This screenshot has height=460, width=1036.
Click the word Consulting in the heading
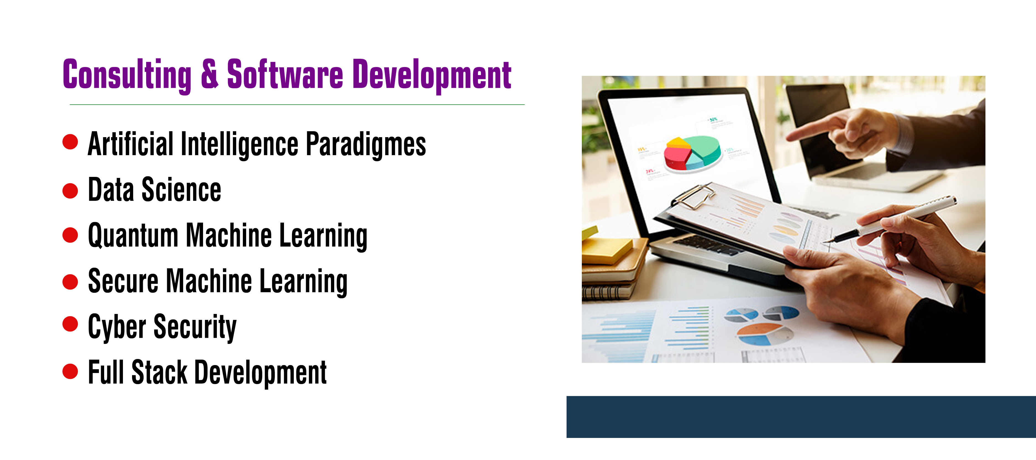tap(127, 75)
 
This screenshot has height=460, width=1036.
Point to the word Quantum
tap(133, 236)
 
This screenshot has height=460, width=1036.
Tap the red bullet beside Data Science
tap(70, 191)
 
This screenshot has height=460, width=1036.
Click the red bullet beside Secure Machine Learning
tap(70, 282)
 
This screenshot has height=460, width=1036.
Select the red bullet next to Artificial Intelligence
tap(70, 142)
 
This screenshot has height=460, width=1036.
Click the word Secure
tap(123, 281)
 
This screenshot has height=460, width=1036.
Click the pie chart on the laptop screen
tap(692, 153)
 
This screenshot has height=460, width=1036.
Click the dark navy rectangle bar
tap(801, 417)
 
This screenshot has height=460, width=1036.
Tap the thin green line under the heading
tap(297, 105)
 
